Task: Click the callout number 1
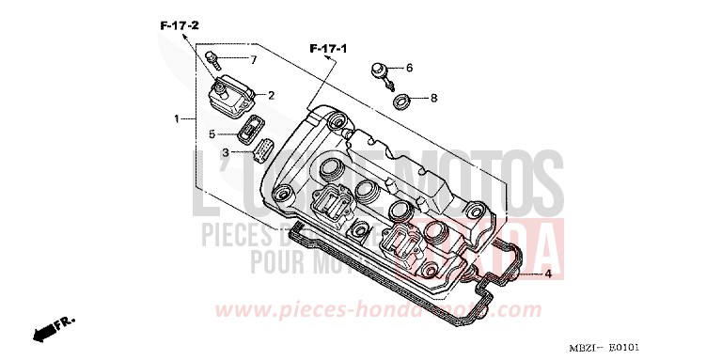176,119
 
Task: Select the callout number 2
272,95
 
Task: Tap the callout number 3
226,151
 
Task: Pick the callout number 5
212,133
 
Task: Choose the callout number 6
409,68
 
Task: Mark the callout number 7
252,59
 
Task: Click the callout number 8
433,97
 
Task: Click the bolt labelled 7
217,61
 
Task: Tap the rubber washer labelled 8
400,99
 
